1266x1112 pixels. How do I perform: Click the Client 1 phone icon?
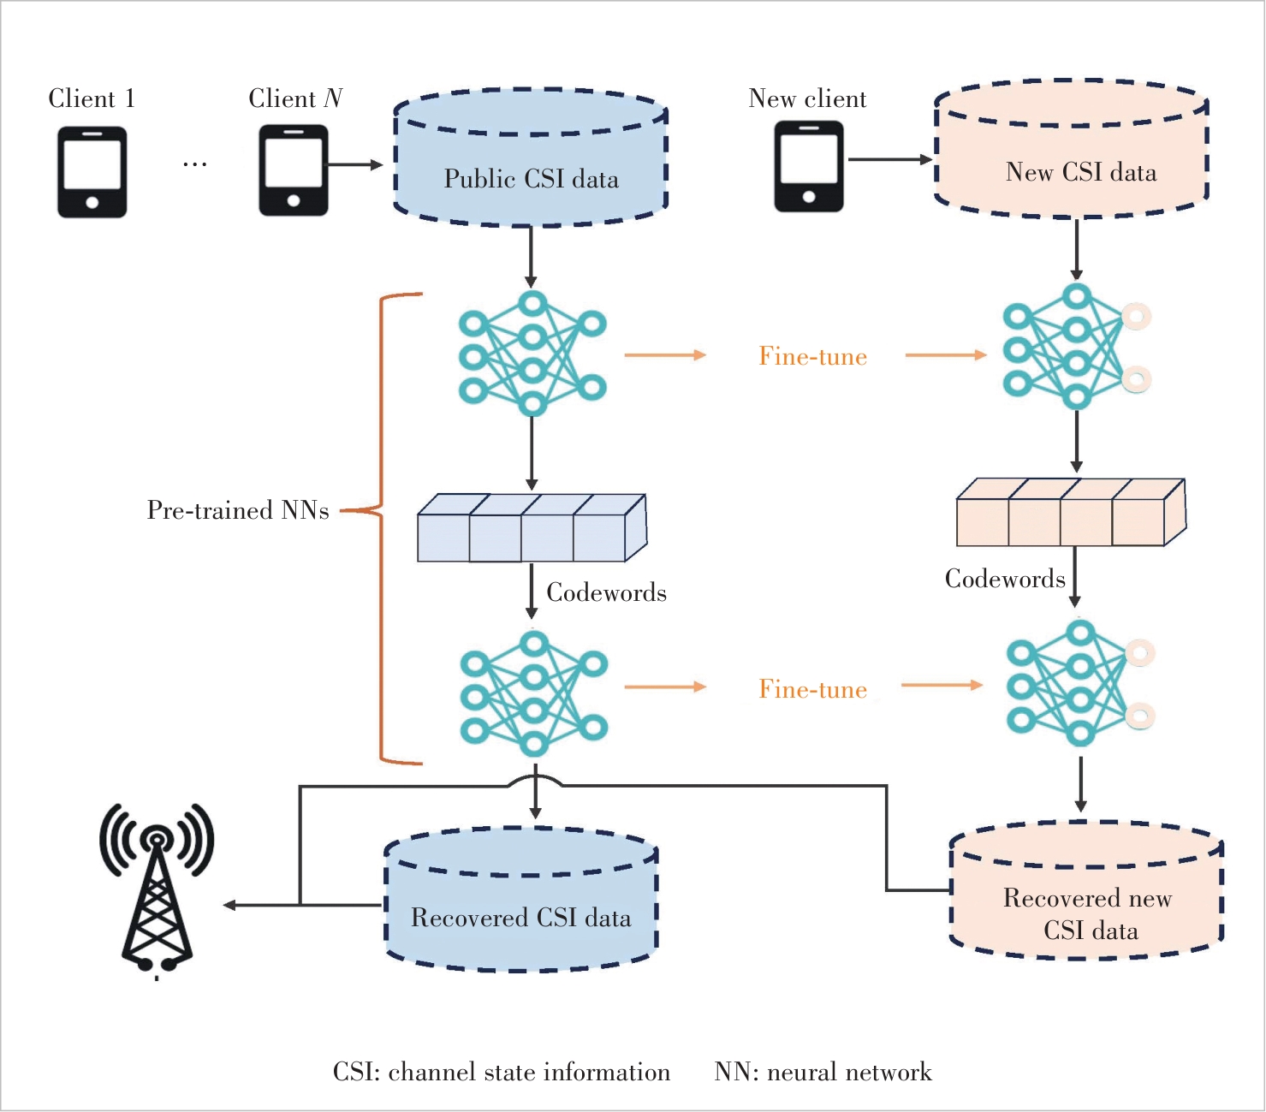(92, 172)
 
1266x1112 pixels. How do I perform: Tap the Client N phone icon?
(294, 170)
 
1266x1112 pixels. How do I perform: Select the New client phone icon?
(809, 166)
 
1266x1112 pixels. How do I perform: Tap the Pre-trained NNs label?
(238, 510)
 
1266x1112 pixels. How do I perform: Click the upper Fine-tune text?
(813, 356)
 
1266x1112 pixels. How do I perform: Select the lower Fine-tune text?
(813, 689)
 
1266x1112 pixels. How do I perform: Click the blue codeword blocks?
(532, 528)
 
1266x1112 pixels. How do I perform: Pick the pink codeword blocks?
(1070, 513)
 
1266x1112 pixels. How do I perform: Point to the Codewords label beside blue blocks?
(606, 592)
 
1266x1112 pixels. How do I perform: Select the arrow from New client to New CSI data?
(889, 159)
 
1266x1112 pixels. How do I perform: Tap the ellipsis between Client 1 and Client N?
(194, 164)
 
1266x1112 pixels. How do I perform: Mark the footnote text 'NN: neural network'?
(823, 1072)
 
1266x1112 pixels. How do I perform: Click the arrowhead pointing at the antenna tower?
(229, 905)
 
